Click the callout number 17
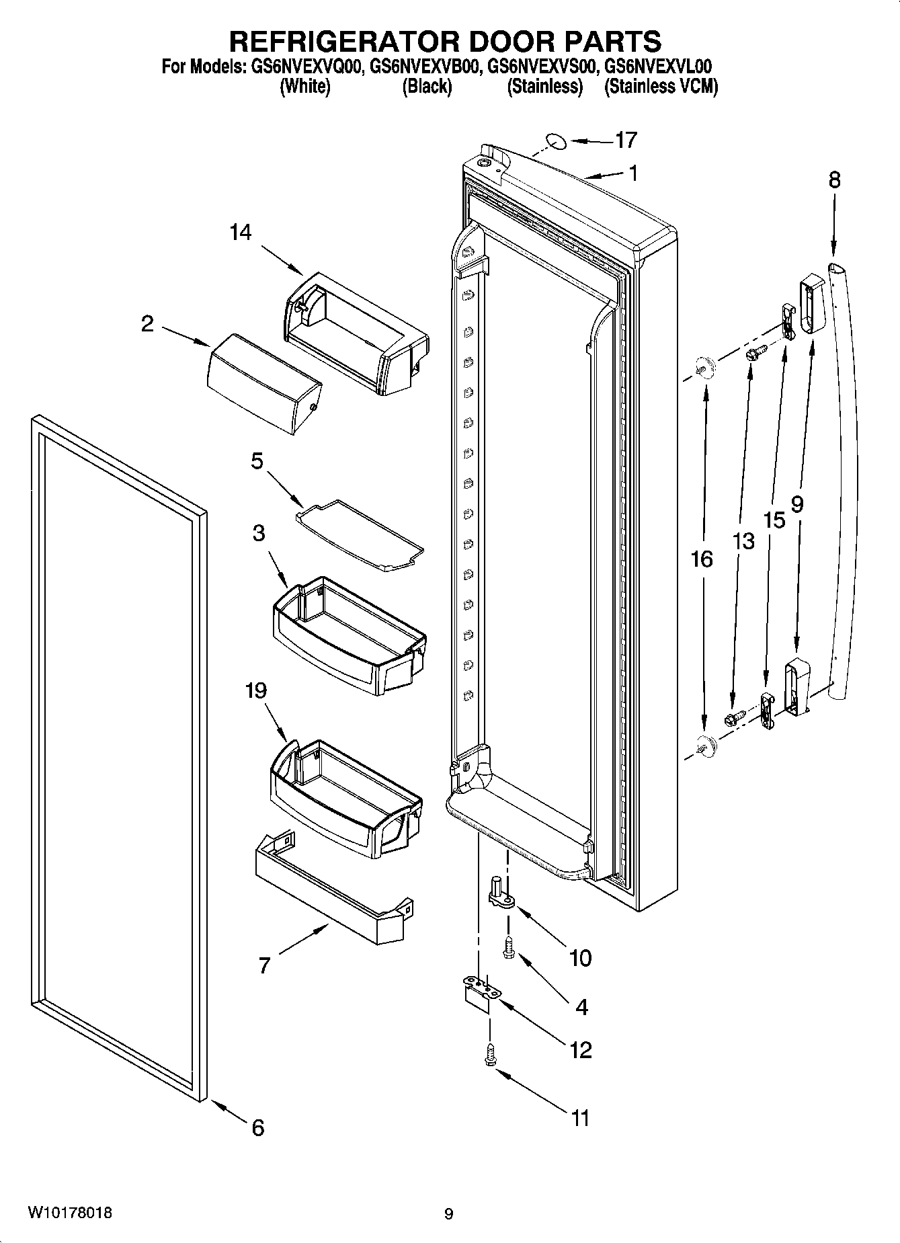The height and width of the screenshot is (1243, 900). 625,141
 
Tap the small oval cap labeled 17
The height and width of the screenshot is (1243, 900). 555,141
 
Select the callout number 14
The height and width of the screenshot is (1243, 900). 240,233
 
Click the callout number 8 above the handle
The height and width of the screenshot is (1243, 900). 833,180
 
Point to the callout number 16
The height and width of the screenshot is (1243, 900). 702,559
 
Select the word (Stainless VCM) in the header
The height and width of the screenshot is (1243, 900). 661,87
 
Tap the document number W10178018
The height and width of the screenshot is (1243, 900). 70,1213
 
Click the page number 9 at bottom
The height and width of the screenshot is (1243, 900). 449,1214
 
